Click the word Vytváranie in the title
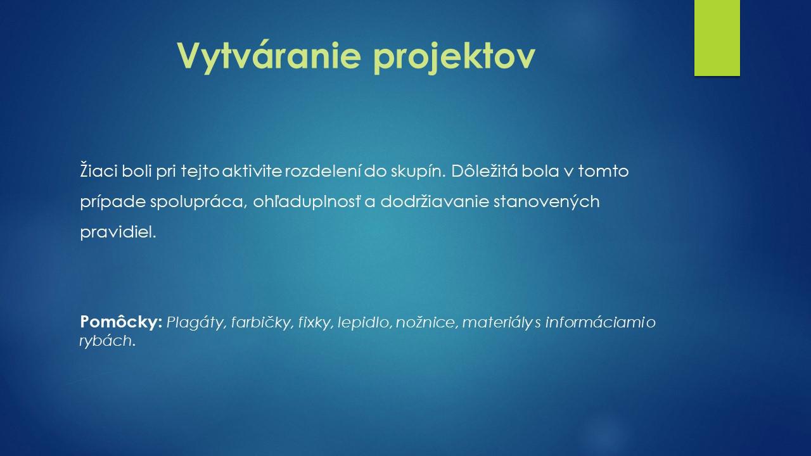(269, 56)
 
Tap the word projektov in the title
(454, 56)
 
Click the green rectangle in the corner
(717, 38)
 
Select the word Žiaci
(98, 170)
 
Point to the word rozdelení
(323, 171)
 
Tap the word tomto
(603, 171)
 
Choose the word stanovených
(547, 202)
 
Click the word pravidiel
(118, 232)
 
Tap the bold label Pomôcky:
(121, 322)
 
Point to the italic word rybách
(107, 341)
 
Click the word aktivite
(252, 171)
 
